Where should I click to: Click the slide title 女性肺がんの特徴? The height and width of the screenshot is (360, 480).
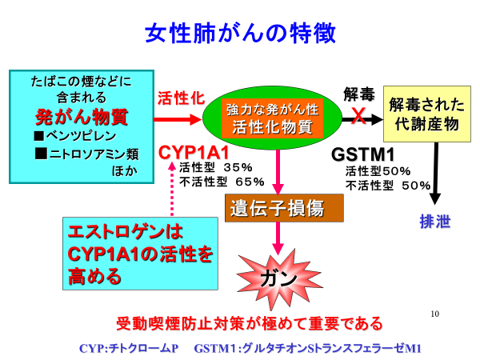(240, 33)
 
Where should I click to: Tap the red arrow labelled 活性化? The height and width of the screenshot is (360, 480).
(178, 119)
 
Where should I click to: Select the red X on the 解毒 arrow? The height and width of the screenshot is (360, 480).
(358, 116)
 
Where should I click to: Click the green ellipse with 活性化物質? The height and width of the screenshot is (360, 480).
(272, 118)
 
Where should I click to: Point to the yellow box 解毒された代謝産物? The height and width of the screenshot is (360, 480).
(427, 114)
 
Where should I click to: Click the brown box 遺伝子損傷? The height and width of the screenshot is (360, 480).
(284, 208)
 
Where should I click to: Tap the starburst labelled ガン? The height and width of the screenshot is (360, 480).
(279, 279)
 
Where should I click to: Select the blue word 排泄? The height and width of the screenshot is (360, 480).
(435, 222)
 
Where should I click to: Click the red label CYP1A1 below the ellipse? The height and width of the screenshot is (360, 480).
(194, 153)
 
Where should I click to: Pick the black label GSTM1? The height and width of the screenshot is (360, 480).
(362, 154)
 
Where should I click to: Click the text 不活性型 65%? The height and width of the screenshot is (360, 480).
(222, 182)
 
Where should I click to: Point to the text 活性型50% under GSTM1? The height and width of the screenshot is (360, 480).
(378, 171)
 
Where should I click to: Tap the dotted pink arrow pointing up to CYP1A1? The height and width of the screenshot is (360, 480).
(172, 189)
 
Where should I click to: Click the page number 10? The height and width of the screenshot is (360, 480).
(434, 314)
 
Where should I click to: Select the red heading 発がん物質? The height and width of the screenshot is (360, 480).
(82, 117)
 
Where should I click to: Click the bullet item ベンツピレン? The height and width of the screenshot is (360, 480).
(75, 136)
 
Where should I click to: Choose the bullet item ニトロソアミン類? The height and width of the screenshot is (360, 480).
(87, 154)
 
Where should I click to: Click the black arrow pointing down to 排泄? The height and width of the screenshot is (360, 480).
(435, 174)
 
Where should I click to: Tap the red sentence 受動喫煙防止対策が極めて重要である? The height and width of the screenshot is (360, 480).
(250, 323)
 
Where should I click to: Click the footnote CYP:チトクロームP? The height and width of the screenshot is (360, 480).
(129, 348)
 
